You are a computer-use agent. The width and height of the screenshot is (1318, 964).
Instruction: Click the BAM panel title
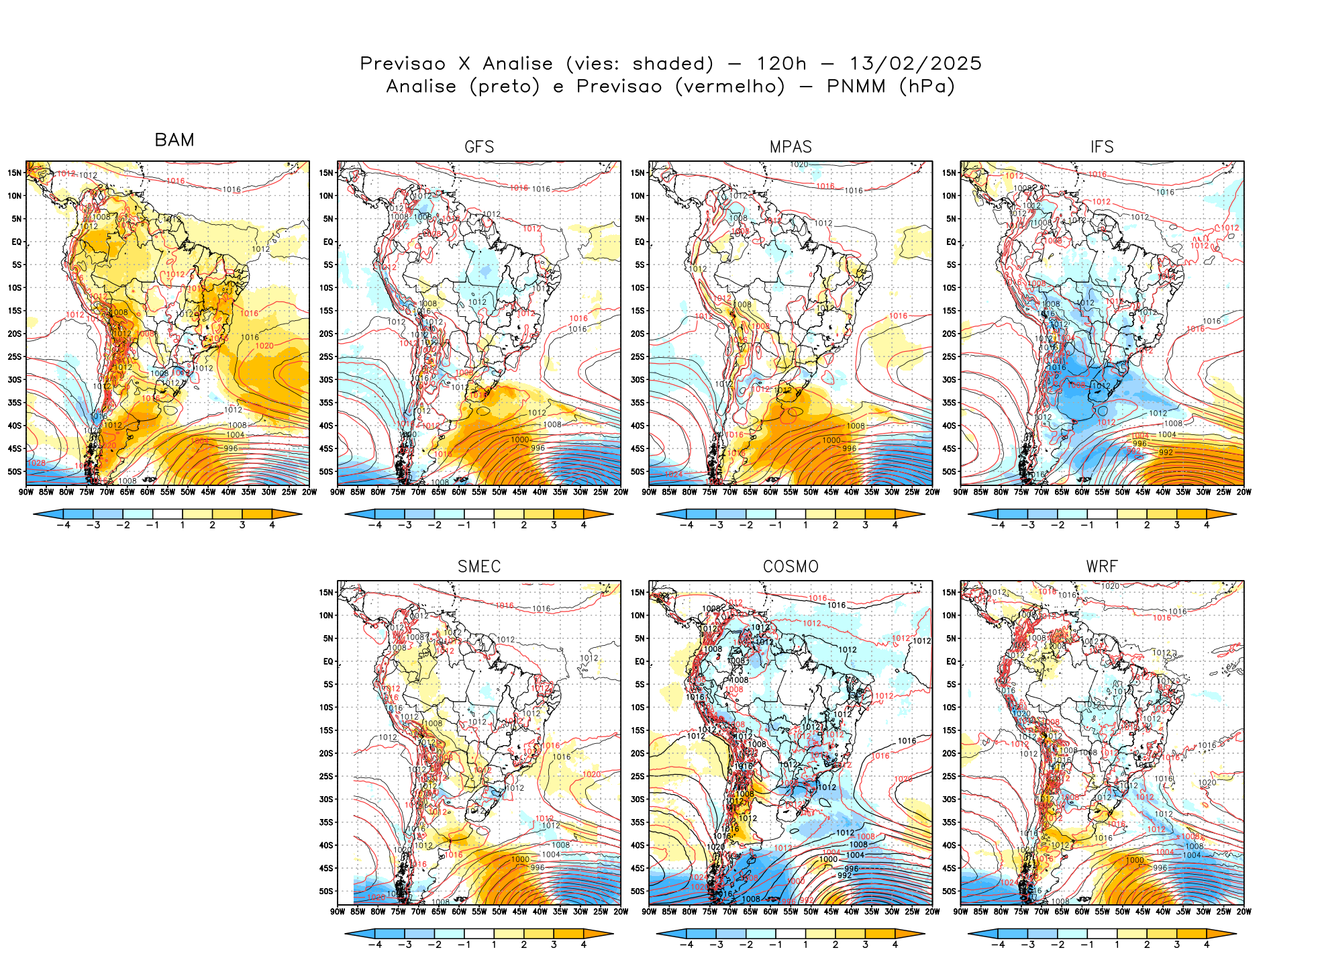click(174, 140)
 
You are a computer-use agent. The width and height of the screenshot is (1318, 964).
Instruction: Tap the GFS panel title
click(479, 147)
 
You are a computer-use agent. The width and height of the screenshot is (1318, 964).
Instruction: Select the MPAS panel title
click(791, 147)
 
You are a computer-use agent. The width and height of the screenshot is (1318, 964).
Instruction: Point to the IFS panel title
click(1102, 147)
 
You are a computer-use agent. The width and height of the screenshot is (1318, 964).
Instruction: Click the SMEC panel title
click(479, 567)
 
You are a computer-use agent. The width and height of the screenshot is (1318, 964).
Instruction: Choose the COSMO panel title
click(791, 567)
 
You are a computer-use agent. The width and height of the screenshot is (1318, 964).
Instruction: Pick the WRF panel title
click(1102, 567)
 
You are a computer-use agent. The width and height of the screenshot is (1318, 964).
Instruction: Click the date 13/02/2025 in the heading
click(915, 64)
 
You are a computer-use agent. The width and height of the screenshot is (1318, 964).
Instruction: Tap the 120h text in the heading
click(781, 64)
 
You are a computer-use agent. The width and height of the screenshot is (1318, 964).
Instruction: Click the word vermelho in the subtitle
click(730, 87)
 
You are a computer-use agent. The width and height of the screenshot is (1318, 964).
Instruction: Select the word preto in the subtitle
click(505, 87)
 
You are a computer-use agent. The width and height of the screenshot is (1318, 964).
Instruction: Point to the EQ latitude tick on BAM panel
click(17, 242)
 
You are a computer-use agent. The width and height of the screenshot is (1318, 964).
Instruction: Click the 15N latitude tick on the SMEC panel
click(326, 592)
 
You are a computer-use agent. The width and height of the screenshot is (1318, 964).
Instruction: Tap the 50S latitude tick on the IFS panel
click(949, 471)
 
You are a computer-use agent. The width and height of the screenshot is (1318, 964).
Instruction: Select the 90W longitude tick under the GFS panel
click(338, 492)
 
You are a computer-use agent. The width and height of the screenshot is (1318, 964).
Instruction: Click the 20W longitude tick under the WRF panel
click(1244, 912)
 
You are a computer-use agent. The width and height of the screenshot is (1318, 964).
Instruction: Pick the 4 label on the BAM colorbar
click(272, 525)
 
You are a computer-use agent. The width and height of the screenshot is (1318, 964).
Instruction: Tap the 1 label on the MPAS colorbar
click(805, 525)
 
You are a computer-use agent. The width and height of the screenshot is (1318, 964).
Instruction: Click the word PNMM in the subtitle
click(856, 87)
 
